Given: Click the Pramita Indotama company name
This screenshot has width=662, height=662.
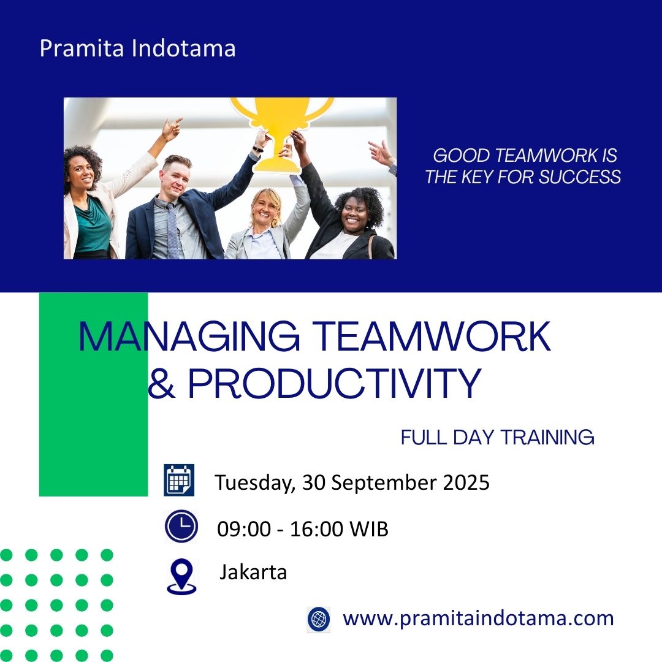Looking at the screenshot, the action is (138, 48).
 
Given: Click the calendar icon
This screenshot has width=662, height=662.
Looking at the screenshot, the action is (179, 479).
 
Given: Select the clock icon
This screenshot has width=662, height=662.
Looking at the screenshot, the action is (181, 526).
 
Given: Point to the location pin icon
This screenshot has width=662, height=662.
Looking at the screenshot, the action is (181, 576).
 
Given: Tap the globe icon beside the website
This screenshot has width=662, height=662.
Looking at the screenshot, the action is (319, 619).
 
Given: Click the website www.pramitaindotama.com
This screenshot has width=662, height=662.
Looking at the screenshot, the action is (478, 618).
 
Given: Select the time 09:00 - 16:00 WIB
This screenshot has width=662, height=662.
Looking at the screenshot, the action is (302, 528).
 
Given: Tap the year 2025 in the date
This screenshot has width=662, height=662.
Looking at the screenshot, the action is (466, 482).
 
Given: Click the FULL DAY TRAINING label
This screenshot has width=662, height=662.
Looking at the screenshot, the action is (497, 438).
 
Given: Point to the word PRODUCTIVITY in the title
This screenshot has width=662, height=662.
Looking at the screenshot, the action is (335, 383).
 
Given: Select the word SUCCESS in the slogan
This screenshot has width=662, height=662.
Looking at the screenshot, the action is (580, 177).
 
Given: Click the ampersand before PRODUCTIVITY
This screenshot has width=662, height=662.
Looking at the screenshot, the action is (162, 383).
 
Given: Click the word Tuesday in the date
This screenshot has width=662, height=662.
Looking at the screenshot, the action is (254, 483).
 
